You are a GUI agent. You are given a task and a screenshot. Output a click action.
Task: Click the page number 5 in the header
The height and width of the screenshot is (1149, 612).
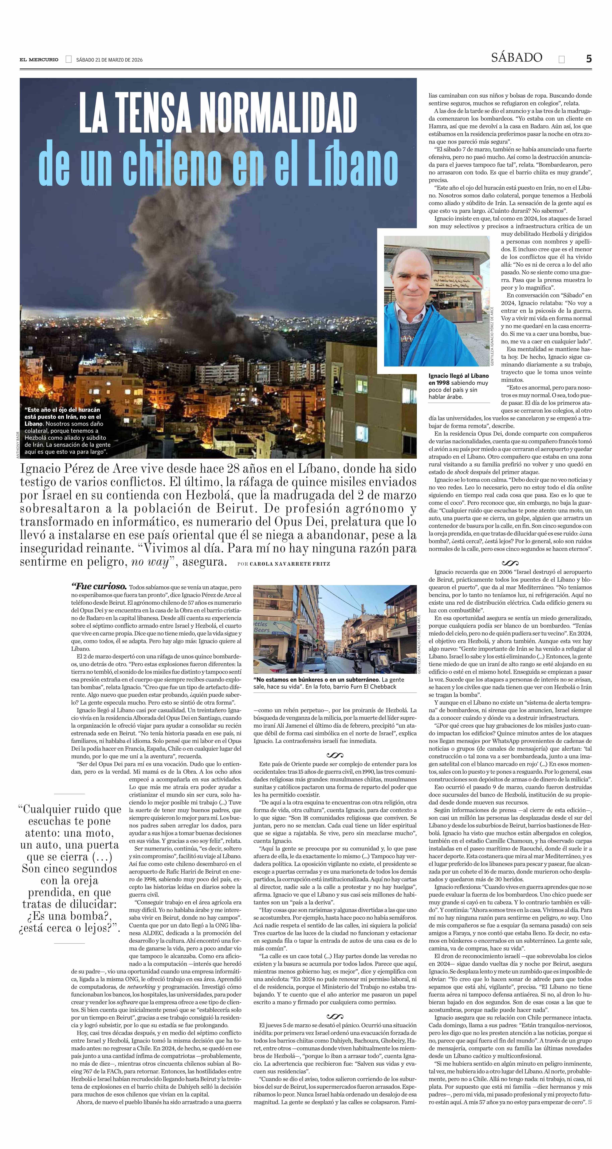(589, 59)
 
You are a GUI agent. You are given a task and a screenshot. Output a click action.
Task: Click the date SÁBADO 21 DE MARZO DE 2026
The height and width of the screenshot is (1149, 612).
(109, 60)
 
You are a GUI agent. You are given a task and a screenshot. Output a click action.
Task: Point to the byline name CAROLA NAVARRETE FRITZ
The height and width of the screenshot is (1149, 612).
(290, 564)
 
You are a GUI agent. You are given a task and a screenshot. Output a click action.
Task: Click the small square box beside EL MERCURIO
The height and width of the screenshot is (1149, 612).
(68, 59)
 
